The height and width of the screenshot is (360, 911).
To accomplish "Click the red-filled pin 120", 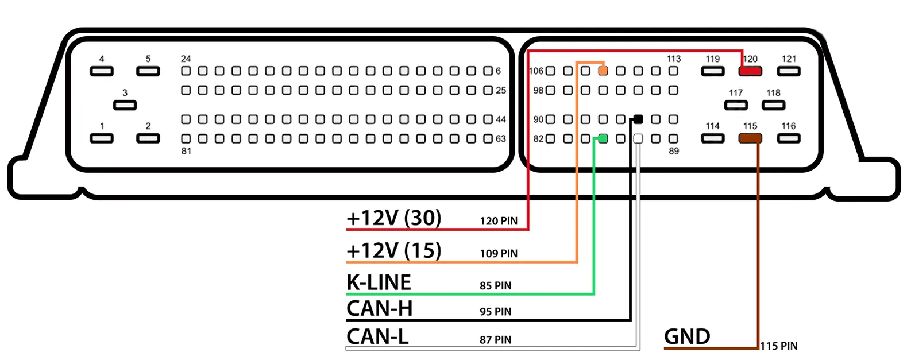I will pyautogui.click(x=750, y=71).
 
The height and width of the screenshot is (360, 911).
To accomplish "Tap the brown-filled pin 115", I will pyautogui.click(x=750, y=138).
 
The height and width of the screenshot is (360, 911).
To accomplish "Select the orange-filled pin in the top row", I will pyautogui.click(x=603, y=71).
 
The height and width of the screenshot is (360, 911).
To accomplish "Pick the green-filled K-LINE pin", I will pyautogui.click(x=603, y=138).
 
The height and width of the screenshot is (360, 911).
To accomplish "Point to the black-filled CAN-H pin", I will pyautogui.click(x=638, y=119).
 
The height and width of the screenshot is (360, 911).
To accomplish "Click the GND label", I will pyautogui.click(x=687, y=337).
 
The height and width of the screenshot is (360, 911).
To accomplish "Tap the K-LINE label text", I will pyautogui.click(x=379, y=283).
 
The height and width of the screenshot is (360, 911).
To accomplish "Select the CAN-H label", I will pyautogui.click(x=380, y=309).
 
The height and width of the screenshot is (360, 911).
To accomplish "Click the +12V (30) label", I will pyautogui.click(x=394, y=218).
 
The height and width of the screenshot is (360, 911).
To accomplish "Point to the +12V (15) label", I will pyautogui.click(x=394, y=251).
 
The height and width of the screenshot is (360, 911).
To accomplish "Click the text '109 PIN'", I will pyautogui.click(x=499, y=254).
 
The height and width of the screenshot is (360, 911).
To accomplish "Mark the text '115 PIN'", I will pyautogui.click(x=779, y=346).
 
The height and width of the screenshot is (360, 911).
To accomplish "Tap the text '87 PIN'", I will pyautogui.click(x=496, y=340).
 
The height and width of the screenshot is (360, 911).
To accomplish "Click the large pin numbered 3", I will pyautogui.click(x=125, y=105).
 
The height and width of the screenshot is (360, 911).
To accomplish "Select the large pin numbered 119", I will pyautogui.click(x=713, y=71).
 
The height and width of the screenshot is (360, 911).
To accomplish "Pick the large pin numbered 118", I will pyautogui.click(x=773, y=105).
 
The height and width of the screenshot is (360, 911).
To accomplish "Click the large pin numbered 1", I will pyautogui.click(x=102, y=138).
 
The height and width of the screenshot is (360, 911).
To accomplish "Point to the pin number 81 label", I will pyautogui.click(x=186, y=151).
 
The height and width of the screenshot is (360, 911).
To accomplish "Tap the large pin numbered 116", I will pyautogui.click(x=788, y=138).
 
